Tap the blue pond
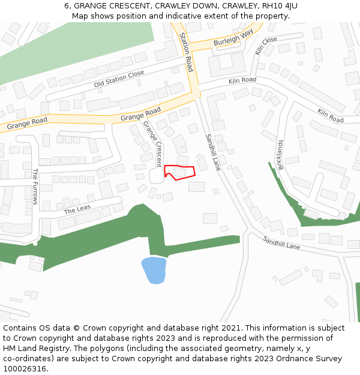click(154, 270)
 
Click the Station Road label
click(187, 52)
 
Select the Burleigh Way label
click(233, 38)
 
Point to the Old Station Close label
click(119, 79)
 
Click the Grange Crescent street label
click(152, 143)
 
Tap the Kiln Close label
click(266, 46)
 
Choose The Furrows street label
click(35, 186)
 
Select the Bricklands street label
click(280, 155)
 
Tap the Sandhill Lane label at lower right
click(281, 242)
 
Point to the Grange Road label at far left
click(27, 124)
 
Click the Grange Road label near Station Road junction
click(140, 114)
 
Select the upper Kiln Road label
click(242, 80)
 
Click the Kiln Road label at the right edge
click(330, 116)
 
